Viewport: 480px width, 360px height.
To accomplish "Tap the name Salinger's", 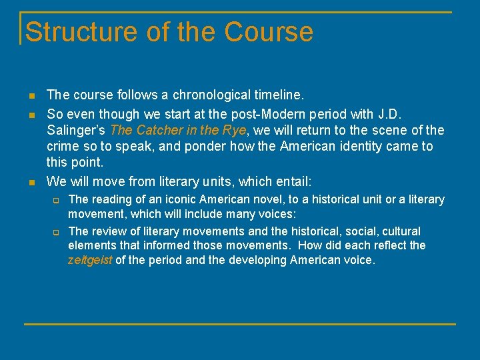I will (76, 129).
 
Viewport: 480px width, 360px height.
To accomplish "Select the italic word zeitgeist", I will (90, 260).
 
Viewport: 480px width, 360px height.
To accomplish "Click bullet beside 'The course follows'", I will (31, 96).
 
